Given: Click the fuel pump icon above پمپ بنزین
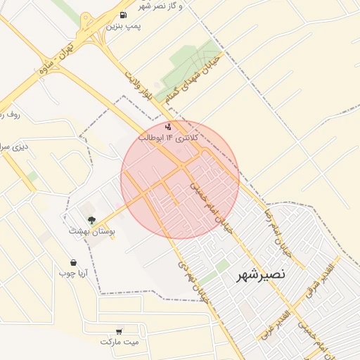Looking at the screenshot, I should pos(124,15).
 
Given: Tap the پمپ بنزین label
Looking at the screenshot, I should pos(124,26).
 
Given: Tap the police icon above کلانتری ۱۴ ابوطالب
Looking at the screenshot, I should pos(168,127).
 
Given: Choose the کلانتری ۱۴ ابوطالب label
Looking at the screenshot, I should pos(169,138).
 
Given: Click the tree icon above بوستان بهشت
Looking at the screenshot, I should pos(91,219).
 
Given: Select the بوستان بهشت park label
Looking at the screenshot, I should pos(91,230).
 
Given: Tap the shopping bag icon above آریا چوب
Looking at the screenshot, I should pos(73,262).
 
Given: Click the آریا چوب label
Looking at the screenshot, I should pos(73,273).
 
